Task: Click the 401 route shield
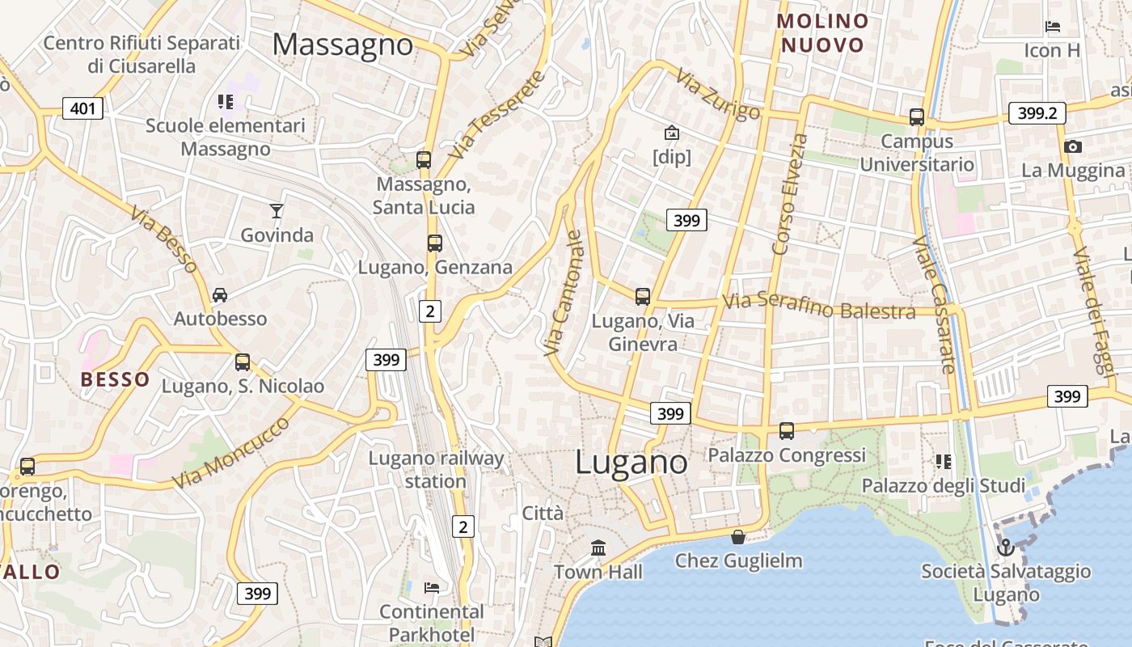coord(82,108)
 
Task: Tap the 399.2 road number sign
coord(1037,113)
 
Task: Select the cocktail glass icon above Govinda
coord(277,211)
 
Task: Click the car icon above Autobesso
coord(220,295)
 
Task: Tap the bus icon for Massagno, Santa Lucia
coord(424,159)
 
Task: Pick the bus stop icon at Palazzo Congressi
coord(787,431)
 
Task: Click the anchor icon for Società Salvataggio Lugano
coord(1005,548)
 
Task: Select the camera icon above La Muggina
coord(1073,146)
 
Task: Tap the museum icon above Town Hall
coord(598,548)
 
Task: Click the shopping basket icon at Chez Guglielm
coord(738,536)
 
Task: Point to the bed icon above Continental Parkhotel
coord(432,587)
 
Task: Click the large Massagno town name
coord(343,44)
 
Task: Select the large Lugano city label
coord(631,463)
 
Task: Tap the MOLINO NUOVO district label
coord(823,33)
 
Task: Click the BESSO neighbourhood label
coord(115,379)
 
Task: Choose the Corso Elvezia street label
coord(790,194)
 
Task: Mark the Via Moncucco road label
coord(231,453)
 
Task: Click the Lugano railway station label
coord(436,470)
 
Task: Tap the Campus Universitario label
coord(917,153)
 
